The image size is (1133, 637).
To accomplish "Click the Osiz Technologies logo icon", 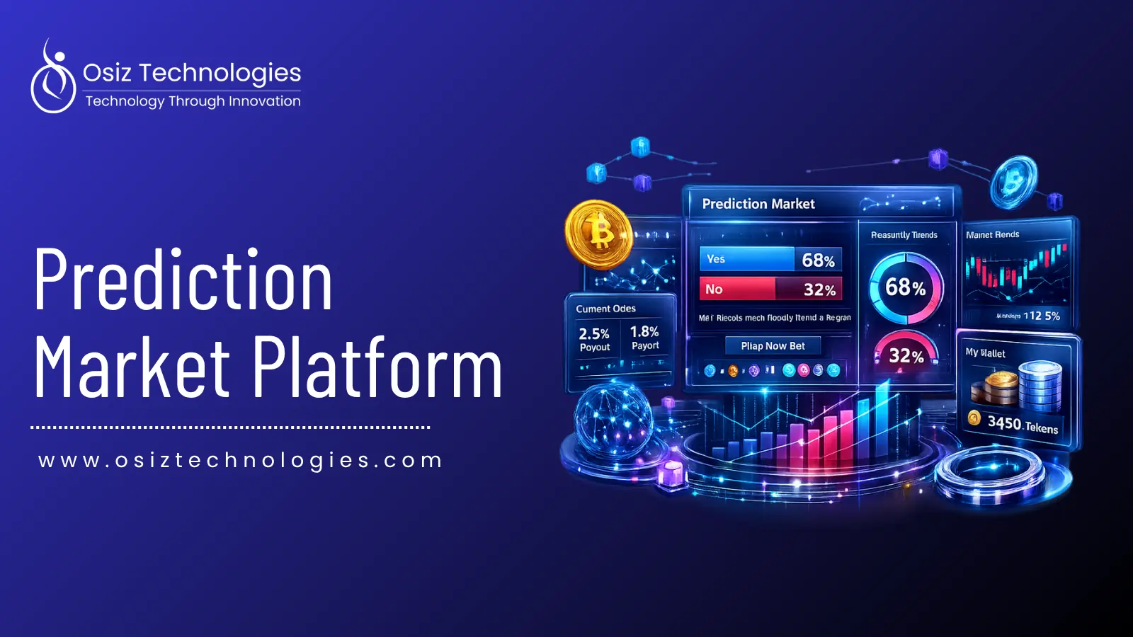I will [x=52, y=78].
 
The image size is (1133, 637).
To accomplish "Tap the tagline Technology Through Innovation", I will [x=193, y=101].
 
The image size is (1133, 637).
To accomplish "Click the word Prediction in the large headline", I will [x=183, y=281].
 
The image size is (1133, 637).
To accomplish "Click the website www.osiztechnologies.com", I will [x=241, y=460].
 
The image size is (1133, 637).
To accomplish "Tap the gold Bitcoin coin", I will [x=598, y=234].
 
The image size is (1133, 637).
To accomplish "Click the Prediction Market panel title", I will [x=758, y=204].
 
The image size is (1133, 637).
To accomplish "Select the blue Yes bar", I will [x=746, y=259].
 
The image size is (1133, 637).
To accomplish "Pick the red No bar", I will [x=737, y=289].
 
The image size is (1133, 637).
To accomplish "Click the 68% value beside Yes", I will [x=818, y=260].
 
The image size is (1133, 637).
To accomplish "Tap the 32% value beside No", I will [x=819, y=289].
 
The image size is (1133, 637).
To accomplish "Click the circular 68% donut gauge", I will [x=906, y=287].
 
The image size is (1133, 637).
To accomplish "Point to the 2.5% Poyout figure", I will [x=594, y=338].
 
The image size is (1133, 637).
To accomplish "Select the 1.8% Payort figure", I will [x=644, y=337].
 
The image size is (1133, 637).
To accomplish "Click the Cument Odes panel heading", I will [x=605, y=309].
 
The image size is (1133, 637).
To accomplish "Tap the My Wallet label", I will [x=985, y=352].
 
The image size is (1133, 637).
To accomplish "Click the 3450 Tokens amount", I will [x=1023, y=425].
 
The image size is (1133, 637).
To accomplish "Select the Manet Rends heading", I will [x=992, y=234].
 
